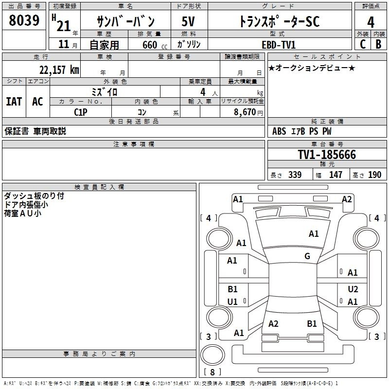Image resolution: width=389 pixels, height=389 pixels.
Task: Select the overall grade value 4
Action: click(x=371, y=22)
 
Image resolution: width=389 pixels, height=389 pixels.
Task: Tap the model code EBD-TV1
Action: click(x=279, y=44)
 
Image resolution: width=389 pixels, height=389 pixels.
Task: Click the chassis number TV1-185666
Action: click(x=327, y=155)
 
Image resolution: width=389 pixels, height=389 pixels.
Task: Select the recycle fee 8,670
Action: click(x=245, y=111)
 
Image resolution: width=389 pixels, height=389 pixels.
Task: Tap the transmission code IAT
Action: click(x=14, y=102)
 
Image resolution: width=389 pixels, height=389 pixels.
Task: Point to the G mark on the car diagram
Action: click(x=307, y=256)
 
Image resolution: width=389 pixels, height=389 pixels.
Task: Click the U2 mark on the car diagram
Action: click(x=353, y=289)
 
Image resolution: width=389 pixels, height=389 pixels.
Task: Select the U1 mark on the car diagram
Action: click(x=232, y=302)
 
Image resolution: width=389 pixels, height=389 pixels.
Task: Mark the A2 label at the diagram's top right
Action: click(x=347, y=199)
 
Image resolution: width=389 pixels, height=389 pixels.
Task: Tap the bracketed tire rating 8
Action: click(x=212, y=372)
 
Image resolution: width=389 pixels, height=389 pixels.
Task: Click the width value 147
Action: click(x=336, y=175)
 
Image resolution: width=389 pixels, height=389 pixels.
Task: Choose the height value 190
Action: click(x=374, y=175)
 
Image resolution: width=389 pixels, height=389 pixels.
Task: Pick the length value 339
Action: click(x=295, y=175)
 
